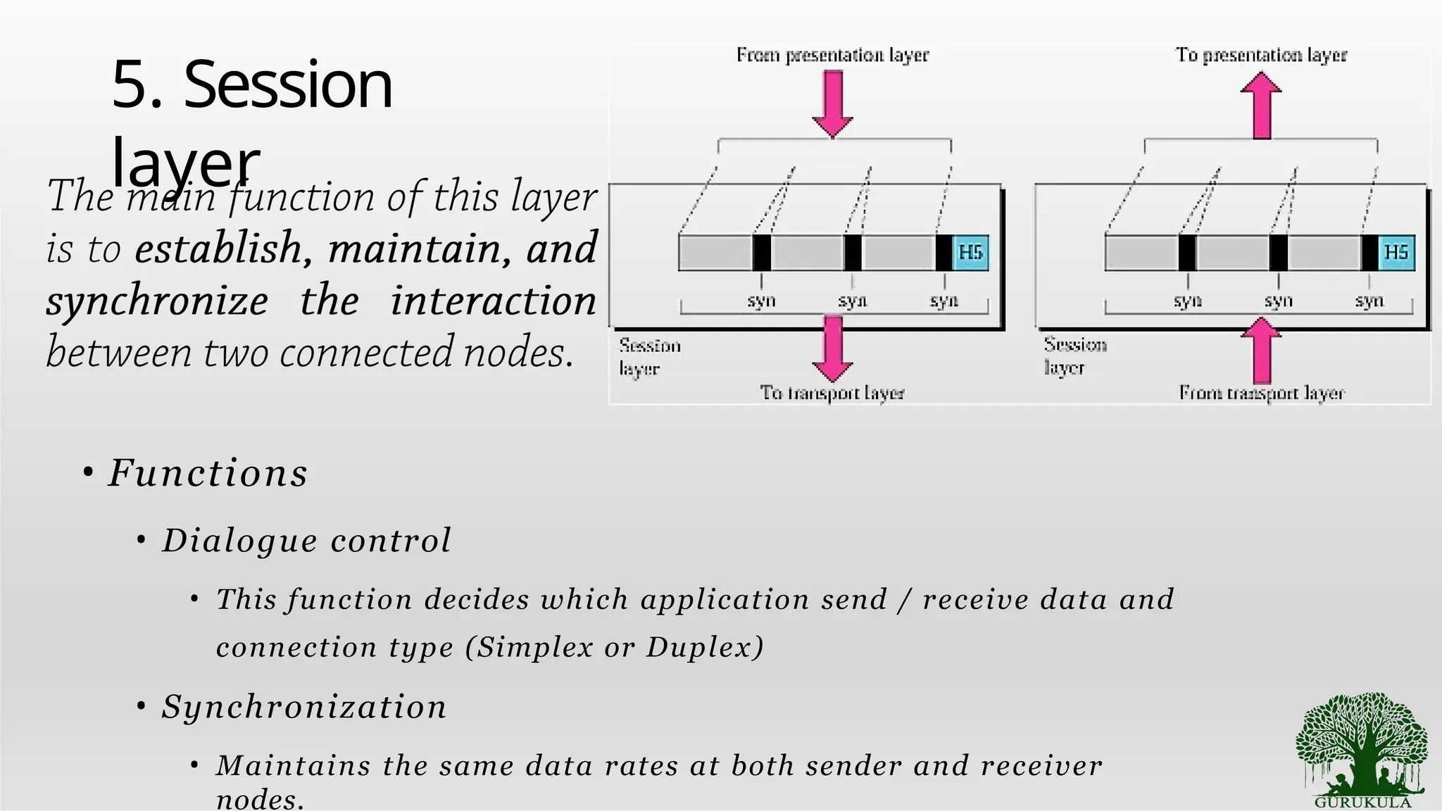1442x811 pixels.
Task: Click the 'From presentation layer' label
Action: pyautogui.click(x=832, y=55)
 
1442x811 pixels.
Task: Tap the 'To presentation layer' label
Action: pyautogui.click(x=1261, y=55)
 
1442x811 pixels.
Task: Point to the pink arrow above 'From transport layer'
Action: pyautogui.click(x=1261, y=349)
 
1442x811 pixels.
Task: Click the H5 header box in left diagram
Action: pyautogui.click(x=971, y=253)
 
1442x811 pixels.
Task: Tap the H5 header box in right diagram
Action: pyautogui.click(x=1396, y=253)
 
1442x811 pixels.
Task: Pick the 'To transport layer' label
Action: pyautogui.click(x=832, y=393)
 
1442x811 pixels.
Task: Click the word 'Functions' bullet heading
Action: pyautogui.click(x=208, y=473)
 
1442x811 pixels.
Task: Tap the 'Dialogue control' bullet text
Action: pyautogui.click(x=306, y=541)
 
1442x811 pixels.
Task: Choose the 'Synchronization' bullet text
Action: pyautogui.click(x=304, y=707)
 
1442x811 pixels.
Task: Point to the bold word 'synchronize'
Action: pyautogui.click(x=157, y=301)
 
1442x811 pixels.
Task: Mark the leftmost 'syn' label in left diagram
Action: pyautogui.click(x=761, y=301)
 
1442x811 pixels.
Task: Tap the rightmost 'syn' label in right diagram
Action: pyautogui.click(x=1369, y=301)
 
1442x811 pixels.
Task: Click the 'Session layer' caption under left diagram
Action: pyautogui.click(x=649, y=357)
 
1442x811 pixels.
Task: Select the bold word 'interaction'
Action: pyautogui.click(x=493, y=301)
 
